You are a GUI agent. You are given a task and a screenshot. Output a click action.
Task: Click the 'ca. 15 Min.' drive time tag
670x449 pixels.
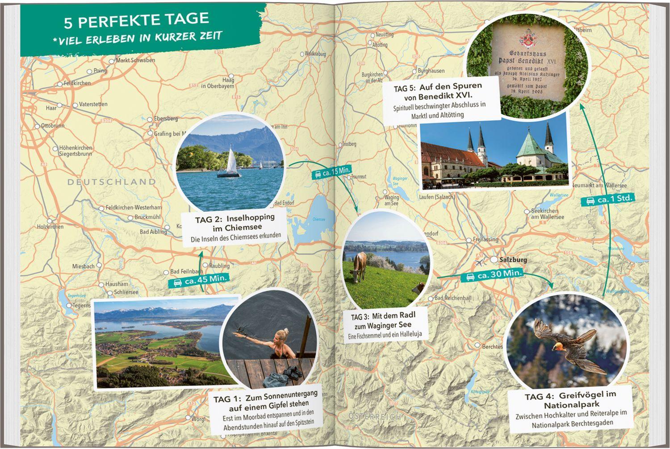tap(334, 172)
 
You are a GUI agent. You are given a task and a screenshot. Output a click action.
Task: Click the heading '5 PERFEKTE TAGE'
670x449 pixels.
tap(136, 19)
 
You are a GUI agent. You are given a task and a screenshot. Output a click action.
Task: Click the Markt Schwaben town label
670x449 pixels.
tap(135, 60)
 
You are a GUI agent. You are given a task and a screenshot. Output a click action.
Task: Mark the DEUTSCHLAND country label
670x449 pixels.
tap(112, 182)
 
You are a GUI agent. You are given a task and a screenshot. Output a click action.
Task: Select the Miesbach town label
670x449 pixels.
tap(84, 266)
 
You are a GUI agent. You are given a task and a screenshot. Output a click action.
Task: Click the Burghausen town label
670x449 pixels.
tap(431, 71)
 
